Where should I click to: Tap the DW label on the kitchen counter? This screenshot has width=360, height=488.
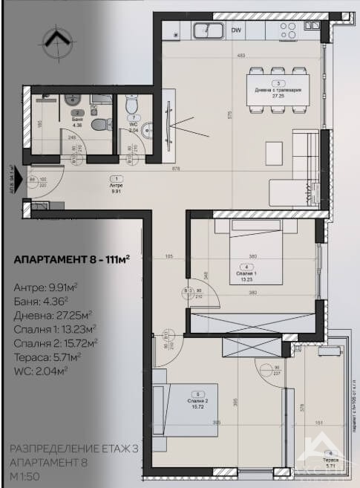pyautogui.click(x=235, y=30)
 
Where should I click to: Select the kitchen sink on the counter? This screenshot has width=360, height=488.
pyautogui.click(x=208, y=30)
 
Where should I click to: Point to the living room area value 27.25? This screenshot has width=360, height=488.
pyautogui.click(x=278, y=96)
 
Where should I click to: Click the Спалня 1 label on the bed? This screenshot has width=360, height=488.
pyautogui.click(x=246, y=272)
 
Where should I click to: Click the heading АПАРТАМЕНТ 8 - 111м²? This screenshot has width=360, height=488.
pyautogui.click(x=72, y=260)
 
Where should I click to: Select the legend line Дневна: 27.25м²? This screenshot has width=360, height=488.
pyautogui.click(x=53, y=314)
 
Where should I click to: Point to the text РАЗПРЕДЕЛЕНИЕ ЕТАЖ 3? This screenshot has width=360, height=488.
pyautogui.click(x=73, y=449)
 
